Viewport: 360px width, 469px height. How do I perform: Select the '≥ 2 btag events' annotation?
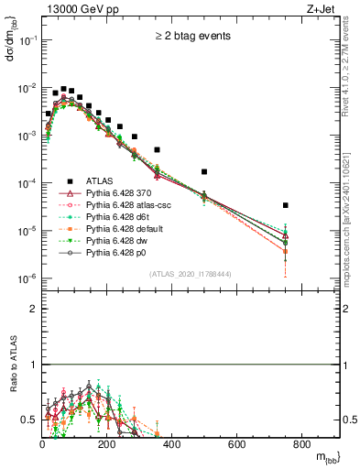(191, 37)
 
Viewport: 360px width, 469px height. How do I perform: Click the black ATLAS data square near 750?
(286, 205)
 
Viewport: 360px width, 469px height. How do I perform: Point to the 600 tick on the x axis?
(236, 444)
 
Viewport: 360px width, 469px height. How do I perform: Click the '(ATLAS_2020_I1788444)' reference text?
(191, 274)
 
